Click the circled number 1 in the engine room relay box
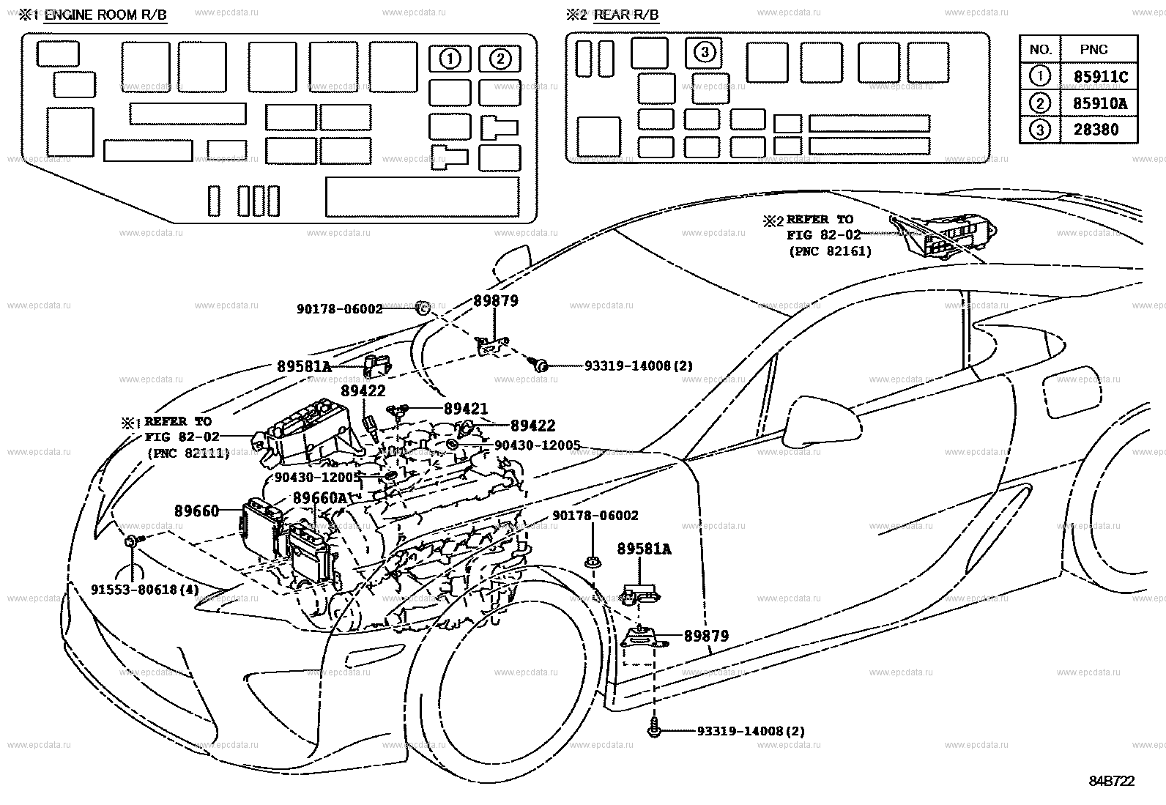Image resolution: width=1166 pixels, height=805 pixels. pos(450,59)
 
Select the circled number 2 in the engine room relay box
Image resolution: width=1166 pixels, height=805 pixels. pos(500,59)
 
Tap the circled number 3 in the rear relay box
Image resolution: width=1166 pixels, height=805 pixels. pos(705,52)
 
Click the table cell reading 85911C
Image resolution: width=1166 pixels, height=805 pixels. pos(1100,77)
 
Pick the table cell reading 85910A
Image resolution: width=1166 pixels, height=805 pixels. pos(1100,103)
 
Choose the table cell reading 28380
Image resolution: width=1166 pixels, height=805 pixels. pos(1096,130)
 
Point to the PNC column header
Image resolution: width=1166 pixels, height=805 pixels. pos(1093,50)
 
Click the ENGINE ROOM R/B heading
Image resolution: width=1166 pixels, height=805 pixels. pos(105,15)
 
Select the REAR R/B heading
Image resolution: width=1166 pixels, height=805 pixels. pos(626,15)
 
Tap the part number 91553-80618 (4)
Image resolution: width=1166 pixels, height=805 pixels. pos(145,590)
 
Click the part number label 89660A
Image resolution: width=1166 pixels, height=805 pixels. pos(319,498)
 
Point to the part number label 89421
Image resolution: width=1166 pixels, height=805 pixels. pos(465,409)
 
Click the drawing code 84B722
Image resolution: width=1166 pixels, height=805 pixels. pos(1112,781)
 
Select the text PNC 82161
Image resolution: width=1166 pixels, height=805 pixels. pos(831,251)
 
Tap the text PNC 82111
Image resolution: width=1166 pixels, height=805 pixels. pos(188,453)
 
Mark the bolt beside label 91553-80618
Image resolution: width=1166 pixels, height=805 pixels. pos(133,541)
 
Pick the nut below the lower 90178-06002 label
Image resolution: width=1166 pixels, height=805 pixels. pos(593,563)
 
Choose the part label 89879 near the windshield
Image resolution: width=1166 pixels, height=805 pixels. pos(496,301)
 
